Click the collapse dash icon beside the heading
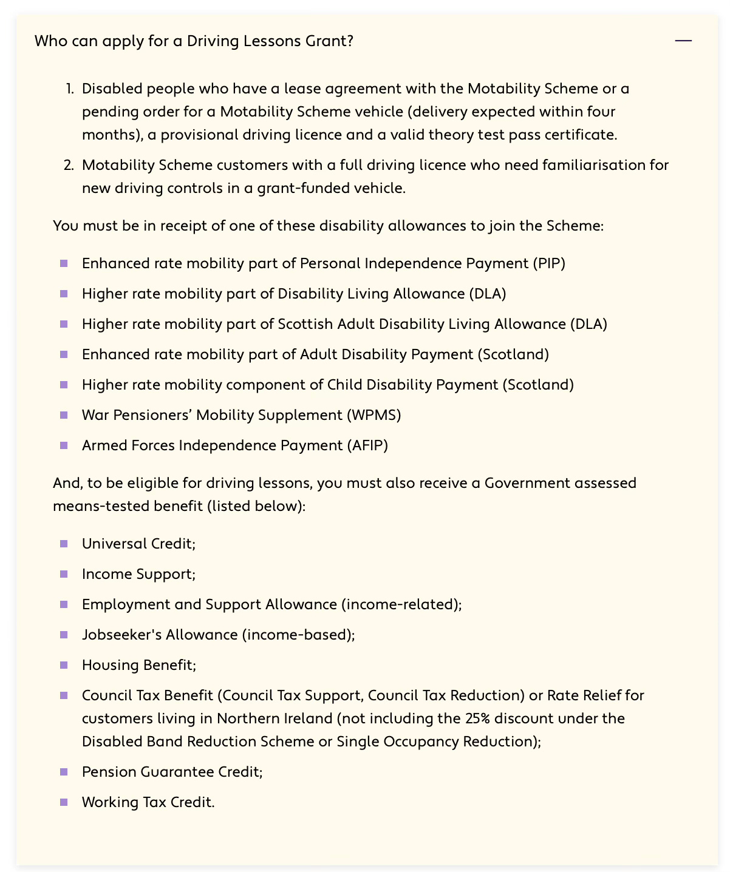pyautogui.click(x=683, y=41)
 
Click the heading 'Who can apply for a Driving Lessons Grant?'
pyautogui.click(x=194, y=41)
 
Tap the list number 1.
pyautogui.click(x=69, y=89)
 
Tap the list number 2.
pyautogui.click(x=69, y=165)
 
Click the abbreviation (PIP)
pyautogui.click(x=549, y=263)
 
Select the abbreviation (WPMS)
pyautogui.click(x=374, y=415)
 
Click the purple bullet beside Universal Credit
pyautogui.click(x=64, y=544)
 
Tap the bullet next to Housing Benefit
pyautogui.click(x=64, y=665)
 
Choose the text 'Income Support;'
pyautogui.click(x=138, y=574)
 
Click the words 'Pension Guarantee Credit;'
pyautogui.click(x=172, y=772)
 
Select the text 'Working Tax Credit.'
pyautogui.click(x=148, y=802)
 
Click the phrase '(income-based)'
pyautogui.click(x=297, y=635)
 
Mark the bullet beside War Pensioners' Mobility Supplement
pyautogui.click(x=64, y=415)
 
